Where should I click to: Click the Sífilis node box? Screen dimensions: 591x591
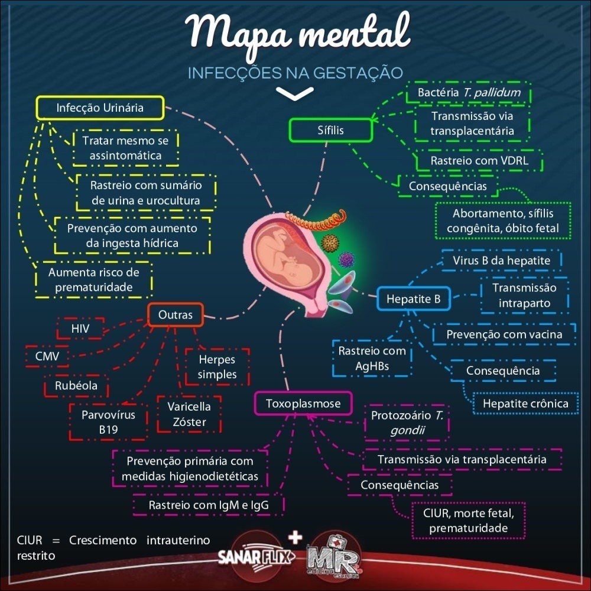[x=330, y=130]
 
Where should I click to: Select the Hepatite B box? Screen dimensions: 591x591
[x=413, y=299]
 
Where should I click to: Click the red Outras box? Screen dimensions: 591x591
[x=175, y=315]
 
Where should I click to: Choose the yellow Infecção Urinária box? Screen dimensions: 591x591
[x=100, y=108]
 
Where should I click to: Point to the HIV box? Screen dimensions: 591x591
[x=79, y=329]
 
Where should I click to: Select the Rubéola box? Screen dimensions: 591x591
[x=76, y=387]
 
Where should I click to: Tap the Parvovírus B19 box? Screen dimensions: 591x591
[x=108, y=422]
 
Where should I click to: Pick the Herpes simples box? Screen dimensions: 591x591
[x=217, y=366]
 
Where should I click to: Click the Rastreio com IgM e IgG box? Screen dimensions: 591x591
[x=208, y=505]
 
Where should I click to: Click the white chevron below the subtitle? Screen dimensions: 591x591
[x=294, y=93]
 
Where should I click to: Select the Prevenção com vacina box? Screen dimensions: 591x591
[x=504, y=334]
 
